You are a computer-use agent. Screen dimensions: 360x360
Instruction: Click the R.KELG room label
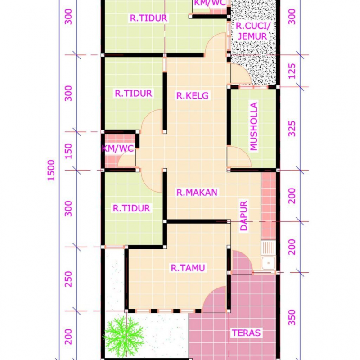tap(193, 95)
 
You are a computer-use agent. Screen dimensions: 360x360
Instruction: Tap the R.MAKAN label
tap(197, 193)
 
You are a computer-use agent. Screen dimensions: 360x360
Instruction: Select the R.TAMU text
tap(188, 268)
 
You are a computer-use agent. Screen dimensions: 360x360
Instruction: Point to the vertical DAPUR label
tap(244, 216)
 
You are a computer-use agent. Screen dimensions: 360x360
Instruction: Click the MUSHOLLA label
tap(254, 126)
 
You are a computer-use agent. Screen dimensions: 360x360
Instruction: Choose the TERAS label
tap(246, 333)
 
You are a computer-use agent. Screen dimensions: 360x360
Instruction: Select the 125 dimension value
tap(292, 71)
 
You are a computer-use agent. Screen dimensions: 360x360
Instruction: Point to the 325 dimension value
tap(292, 128)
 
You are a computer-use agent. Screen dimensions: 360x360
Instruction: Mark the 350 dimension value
tap(292, 317)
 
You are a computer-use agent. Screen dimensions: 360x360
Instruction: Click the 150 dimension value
tap(68, 151)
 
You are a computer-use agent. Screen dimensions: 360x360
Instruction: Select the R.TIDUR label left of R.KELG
tap(134, 94)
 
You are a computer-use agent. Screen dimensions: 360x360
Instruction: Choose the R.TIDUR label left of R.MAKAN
tap(131, 208)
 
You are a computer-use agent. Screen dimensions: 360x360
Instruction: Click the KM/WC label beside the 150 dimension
tap(118, 148)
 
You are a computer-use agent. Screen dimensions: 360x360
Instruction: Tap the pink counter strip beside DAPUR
tap(268, 205)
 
